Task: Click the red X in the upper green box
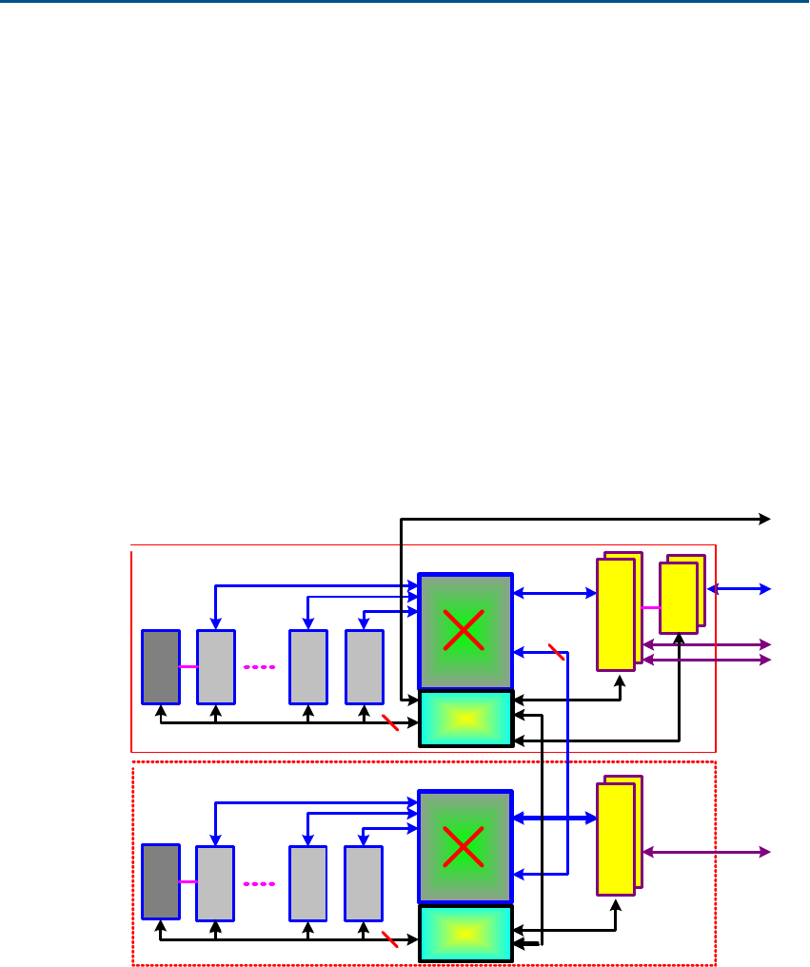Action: (464, 631)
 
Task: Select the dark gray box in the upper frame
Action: (161, 666)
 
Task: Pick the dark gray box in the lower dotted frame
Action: (161, 882)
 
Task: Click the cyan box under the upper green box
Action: (466, 719)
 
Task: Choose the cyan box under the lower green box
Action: (466, 934)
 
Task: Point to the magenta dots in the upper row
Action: (259, 667)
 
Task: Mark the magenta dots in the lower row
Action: (259, 883)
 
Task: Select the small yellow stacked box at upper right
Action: (679, 598)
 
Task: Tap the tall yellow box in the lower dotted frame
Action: (616, 839)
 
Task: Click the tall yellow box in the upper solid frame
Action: (616, 614)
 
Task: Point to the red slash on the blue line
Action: (557, 652)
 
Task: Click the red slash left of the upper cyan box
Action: (388, 722)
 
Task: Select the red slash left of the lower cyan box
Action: (388, 938)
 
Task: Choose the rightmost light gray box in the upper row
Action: (364, 666)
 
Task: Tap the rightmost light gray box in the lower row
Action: (364, 882)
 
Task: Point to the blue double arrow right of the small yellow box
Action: (738, 589)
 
